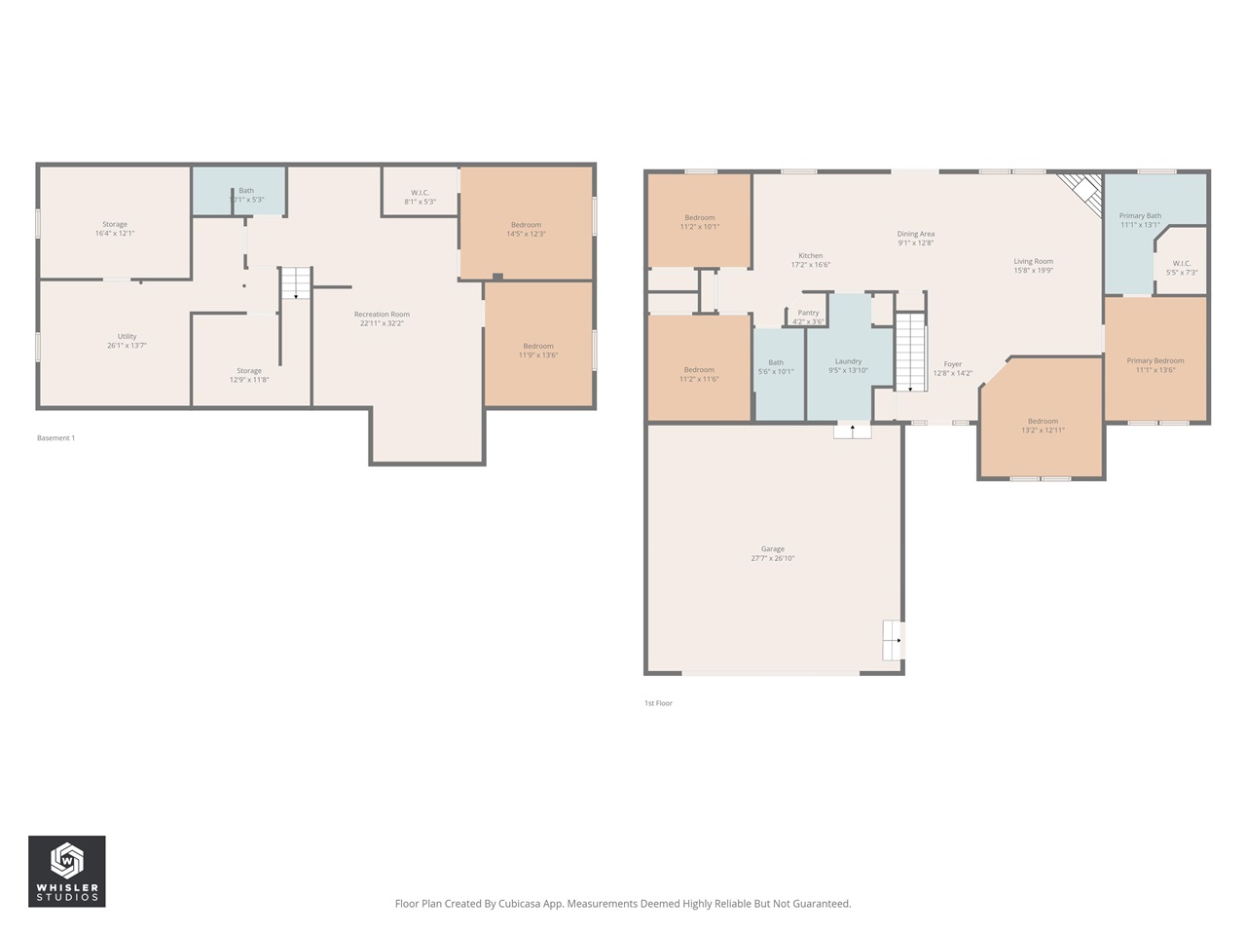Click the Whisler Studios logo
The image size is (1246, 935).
click(x=66, y=871)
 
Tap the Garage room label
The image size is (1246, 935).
click(x=772, y=549)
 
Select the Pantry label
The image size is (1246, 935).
click(x=808, y=314)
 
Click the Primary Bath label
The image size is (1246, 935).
click(x=1140, y=216)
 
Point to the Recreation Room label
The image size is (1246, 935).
click(x=382, y=315)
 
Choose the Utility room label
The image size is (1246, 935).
click(x=127, y=337)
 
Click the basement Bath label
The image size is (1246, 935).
click(x=246, y=191)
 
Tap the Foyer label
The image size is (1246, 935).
click(x=952, y=364)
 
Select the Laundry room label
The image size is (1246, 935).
click(x=848, y=361)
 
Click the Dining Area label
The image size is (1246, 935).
click(x=915, y=234)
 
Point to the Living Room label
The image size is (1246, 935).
click(x=1033, y=261)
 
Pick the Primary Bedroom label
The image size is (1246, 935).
click(x=1154, y=361)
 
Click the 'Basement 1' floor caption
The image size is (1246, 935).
click(x=55, y=438)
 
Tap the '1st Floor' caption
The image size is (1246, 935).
click(x=658, y=703)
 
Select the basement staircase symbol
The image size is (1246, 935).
click(x=296, y=282)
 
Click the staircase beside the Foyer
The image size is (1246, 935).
click(x=909, y=352)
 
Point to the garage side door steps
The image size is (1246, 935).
click(x=893, y=640)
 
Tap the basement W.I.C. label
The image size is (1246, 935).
click(x=420, y=193)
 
